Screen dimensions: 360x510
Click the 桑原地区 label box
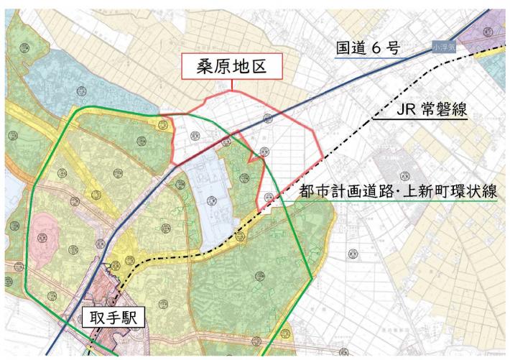231,68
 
